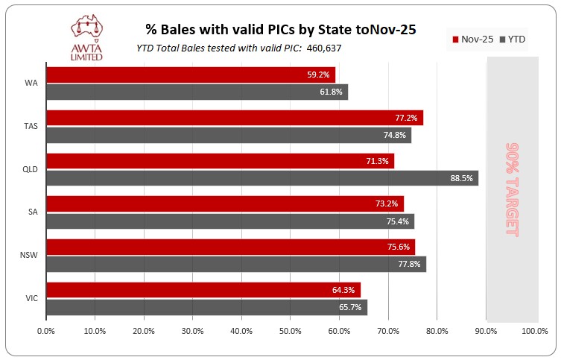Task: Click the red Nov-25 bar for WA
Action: [190, 75]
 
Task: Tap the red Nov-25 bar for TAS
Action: [234, 118]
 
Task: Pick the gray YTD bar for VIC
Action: [206, 307]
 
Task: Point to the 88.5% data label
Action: [462, 178]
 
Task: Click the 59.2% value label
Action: [319, 75]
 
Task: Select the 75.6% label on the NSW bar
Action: [399, 247]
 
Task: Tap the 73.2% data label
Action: [387, 203]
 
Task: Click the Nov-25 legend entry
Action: [472, 39]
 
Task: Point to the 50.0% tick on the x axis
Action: [291, 331]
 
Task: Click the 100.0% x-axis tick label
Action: [534, 331]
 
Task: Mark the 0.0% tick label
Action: [46, 331]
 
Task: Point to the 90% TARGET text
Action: [511, 189]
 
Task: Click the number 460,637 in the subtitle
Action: [320, 48]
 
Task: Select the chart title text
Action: [279, 30]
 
